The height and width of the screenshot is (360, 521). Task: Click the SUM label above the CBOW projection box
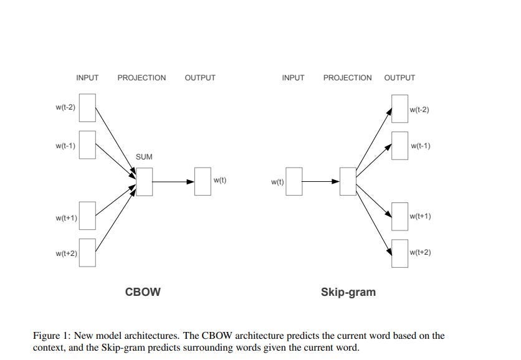click(144, 157)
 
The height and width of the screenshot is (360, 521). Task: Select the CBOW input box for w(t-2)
click(87, 108)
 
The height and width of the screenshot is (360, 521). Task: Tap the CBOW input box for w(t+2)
click(87, 252)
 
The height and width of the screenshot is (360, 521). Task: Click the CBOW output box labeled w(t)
click(203, 181)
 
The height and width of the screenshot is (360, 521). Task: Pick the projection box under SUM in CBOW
click(144, 181)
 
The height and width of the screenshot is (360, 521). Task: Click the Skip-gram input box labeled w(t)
click(294, 182)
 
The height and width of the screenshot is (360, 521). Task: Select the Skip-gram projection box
click(348, 182)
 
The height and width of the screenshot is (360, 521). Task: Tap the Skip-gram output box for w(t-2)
click(399, 110)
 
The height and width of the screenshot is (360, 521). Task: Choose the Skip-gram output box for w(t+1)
click(399, 216)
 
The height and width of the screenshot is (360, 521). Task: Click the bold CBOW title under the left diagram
click(143, 291)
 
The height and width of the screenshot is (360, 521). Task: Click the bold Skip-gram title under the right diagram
click(348, 291)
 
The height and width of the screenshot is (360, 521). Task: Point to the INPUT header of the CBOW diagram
click(87, 78)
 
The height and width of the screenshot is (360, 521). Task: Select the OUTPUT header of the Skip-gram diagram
click(399, 78)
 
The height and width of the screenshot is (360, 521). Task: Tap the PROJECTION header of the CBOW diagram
click(141, 78)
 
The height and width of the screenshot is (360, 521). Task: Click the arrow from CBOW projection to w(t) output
click(173, 182)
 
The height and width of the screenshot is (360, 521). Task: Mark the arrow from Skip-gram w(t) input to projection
click(320, 182)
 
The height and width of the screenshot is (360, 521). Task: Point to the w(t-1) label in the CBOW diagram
click(65, 146)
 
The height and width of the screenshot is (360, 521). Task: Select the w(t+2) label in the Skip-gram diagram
click(420, 252)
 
